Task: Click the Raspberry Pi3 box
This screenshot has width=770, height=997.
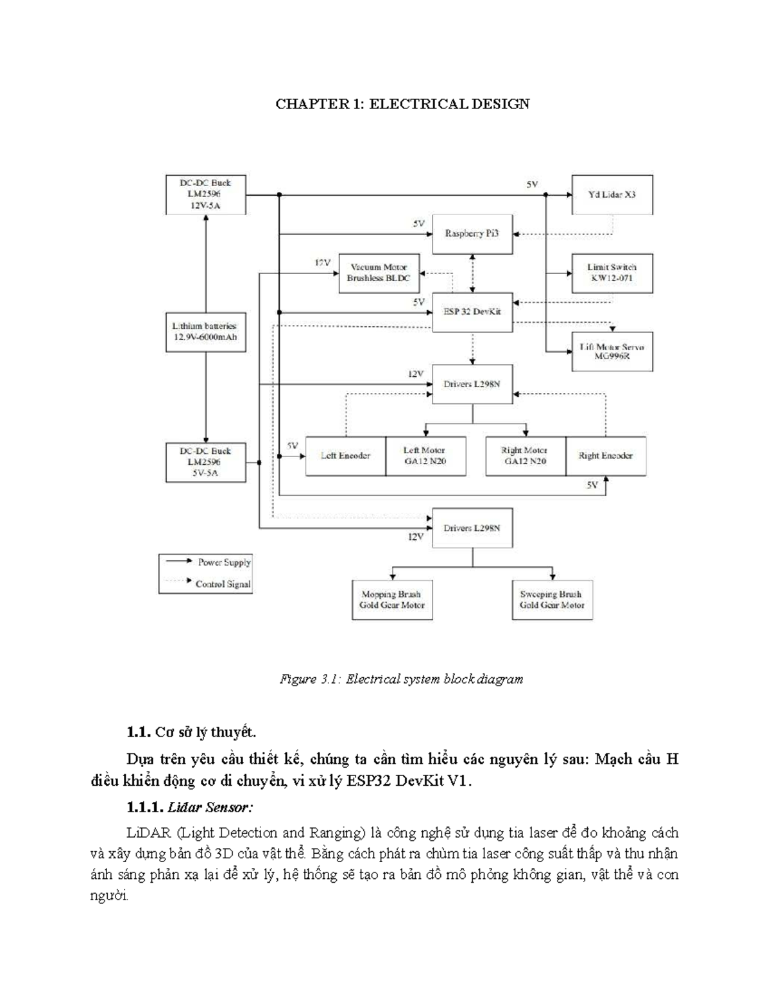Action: coord(472,234)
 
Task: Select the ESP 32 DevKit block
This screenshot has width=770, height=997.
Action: coord(472,312)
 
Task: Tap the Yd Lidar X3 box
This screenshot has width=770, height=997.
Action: coord(612,195)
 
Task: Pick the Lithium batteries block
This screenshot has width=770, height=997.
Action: coord(205,331)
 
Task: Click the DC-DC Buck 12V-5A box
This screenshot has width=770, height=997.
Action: coord(205,195)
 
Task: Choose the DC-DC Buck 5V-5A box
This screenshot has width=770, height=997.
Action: coord(205,462)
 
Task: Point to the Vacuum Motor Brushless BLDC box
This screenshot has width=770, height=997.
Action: coord(379,273)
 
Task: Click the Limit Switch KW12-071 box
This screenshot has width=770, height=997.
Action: coord(612,273)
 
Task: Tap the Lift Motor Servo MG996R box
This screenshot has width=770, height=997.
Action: coord(612,351)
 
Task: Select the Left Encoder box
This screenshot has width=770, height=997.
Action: coord(345,456)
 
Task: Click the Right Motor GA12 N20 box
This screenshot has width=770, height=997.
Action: coord(525,456)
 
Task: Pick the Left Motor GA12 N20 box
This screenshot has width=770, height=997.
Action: coord(425,456)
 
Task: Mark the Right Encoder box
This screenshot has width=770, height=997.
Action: coord(606,456)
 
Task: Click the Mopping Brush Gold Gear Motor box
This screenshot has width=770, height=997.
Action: coord(392,600)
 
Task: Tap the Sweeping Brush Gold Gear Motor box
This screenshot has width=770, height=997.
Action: coord(552,600)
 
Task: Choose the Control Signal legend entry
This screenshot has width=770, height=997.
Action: coord(222,584)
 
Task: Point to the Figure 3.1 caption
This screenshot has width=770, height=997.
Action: coord(401,679)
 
